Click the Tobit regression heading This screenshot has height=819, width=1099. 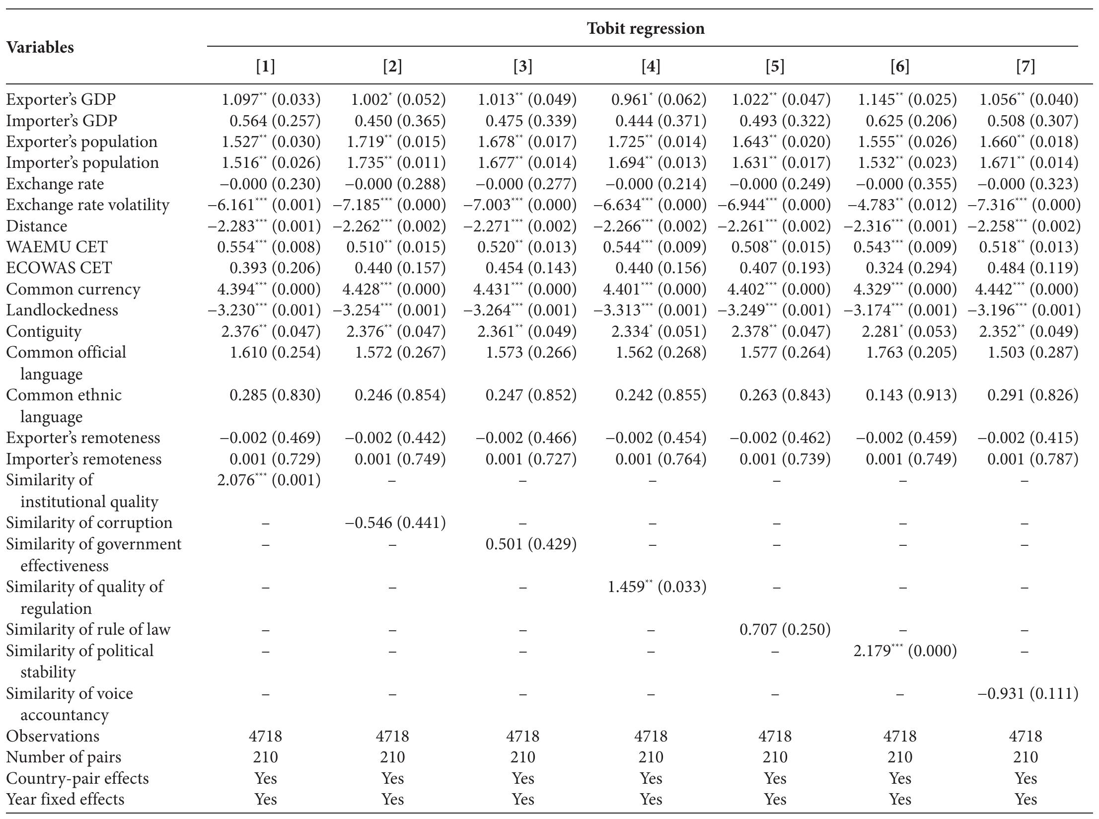(x=646, y=28)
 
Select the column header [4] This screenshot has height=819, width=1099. (x=651, y=66)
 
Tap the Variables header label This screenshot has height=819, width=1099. (x=40, y=47)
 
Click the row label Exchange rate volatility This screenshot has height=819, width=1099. (x=87, y=205)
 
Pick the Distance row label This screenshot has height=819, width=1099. (x=36, y=226)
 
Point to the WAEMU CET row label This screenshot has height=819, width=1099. (x=57, y=247)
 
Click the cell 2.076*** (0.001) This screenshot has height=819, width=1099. (x=269, y=480)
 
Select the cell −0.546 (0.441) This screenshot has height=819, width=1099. (x=395, y=522)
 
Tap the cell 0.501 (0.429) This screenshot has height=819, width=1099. (x=531, y=544)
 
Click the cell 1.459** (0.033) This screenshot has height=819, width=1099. (x=657, y=587)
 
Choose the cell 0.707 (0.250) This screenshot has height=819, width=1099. (x=785, y=629)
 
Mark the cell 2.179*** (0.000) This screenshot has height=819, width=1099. (x=905, y=651)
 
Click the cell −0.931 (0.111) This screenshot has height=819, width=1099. (x=1028, y=693)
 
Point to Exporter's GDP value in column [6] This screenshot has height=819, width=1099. (x=907, y=99)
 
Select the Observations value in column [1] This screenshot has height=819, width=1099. (x=265, y=736)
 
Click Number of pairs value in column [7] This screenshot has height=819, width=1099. (x=1025, y=757)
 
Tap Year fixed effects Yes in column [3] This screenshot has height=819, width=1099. (x=522, y=799)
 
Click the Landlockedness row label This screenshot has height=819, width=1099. (x=62, y=310)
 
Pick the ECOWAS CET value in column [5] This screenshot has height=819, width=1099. (x=785, y=268)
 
